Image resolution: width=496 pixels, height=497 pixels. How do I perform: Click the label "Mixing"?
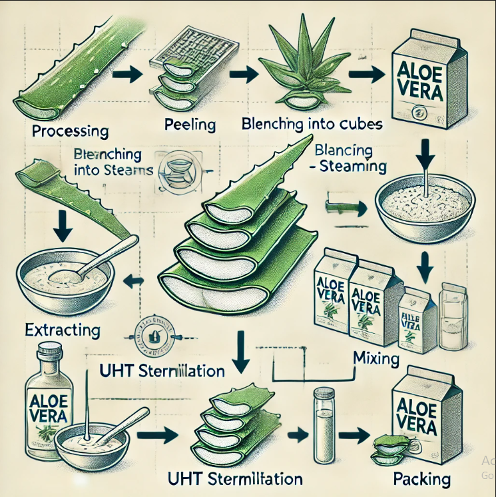click(x=375, y=360)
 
